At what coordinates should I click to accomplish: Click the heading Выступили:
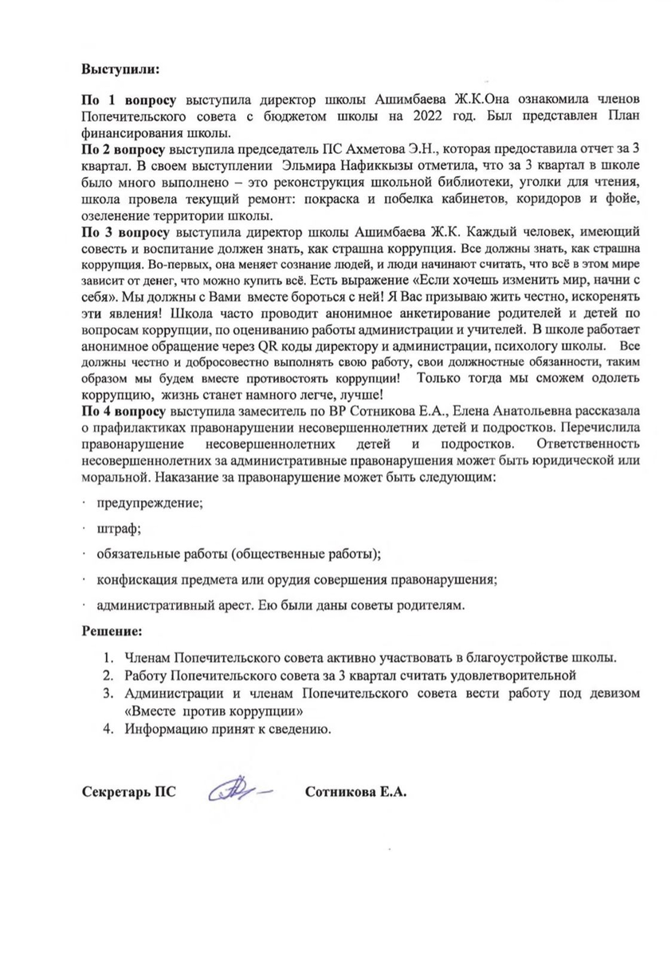pos(121,69)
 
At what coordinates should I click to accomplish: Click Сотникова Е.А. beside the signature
pos(356,794)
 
